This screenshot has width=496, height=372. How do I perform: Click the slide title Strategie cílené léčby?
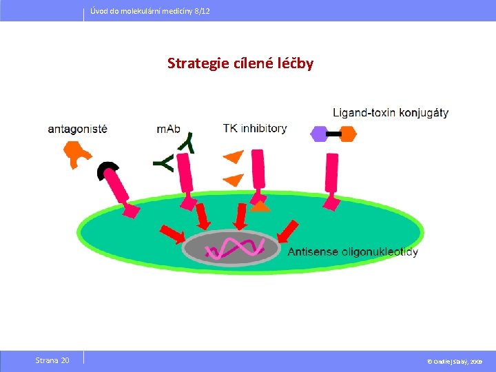[x=240, y=64]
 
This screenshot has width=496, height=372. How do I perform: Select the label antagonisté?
[x=78, y=128]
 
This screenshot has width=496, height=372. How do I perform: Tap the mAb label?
[x=173, y=128]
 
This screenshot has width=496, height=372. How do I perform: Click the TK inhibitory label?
[x=255, y=128]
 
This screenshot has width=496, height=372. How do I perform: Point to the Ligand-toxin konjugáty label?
[x=391, y=112]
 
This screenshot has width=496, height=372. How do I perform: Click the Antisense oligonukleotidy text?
[x=352, y=252]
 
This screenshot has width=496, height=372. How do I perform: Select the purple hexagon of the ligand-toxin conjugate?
[x=319, y=134]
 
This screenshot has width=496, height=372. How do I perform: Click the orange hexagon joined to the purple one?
[x=347, y=134]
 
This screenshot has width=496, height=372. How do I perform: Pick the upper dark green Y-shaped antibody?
[x=186, y=143]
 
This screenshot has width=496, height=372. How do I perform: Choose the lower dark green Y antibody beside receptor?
[x=164, y=163]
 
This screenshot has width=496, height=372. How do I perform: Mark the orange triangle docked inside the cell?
[x=260, y=205]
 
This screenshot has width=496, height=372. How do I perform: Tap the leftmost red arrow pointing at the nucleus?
[x=172, y=234]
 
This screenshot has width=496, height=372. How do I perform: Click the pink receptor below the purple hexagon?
[x=331, y=179]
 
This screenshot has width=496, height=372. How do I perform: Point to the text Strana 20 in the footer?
[x=52, y=360]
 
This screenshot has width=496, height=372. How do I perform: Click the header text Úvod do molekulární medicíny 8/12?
[x=150, y=12]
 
